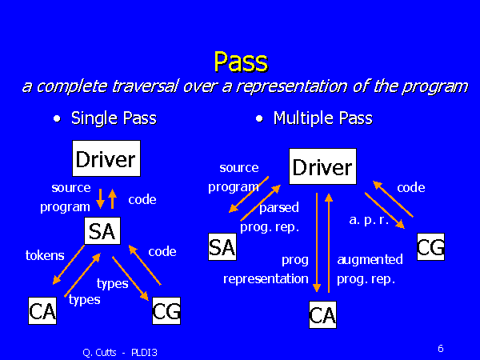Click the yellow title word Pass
click(x=239, y=61)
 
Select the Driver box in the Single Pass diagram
click(x=105, y=158)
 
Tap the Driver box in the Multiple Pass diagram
click(x=322, y=167)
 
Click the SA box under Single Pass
click(x=102, y=231)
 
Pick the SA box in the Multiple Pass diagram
click(x=222, y=247)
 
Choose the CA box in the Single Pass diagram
click(x=42, y=311)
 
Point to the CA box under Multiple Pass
click(x=322, y=315)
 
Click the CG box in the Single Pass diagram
click(x=165, y=311)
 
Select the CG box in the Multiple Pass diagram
click(x=430, y=247)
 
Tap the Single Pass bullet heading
click(x=113, y=118)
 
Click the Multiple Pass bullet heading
click(x=322, y=118)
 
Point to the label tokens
click(x=45, y=255)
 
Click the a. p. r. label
click(x=369, y=219)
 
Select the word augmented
click(x=370, y=259)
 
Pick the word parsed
click(x=279, y=207)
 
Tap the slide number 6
click(x=441, y=348)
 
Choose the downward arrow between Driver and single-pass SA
click(x=100, y=198)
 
